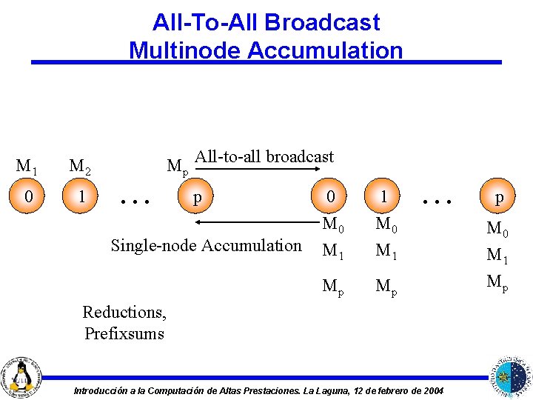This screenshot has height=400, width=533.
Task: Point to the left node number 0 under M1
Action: pyautogui.click(x=28, y=197)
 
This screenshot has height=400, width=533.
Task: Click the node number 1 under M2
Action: pyautogui.click(x=81, y=197)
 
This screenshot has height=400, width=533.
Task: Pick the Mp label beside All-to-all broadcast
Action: pyautogui.click(x=178, y=166)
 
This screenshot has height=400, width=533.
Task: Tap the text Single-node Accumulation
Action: pyautogui.click(x=206, y=245)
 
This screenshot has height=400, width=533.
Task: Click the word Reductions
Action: pyautogui.click(x=124, y=312)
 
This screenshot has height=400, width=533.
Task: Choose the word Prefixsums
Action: pyautogui.click(x=124, y=333)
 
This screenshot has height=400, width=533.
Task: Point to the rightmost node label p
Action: pyautogui.click(x=500, y=197)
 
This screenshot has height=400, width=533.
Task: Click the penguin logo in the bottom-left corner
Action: pyautogui.click(x=21, y=375)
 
